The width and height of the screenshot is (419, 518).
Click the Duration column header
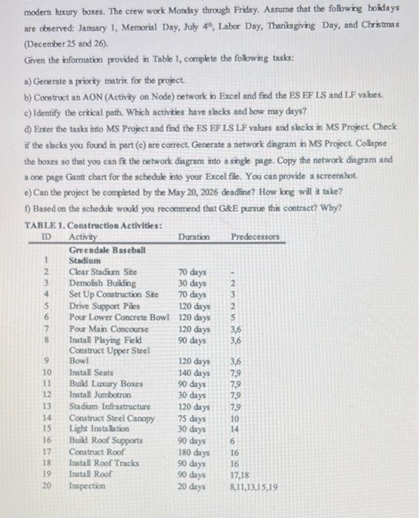point(194,237)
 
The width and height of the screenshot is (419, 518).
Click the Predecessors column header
point(255,237)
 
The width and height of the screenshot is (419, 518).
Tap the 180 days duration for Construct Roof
point(194,451)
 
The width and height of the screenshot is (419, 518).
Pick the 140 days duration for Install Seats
point(194,372)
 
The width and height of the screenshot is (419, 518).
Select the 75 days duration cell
point(192,418)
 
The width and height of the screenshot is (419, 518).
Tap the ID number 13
point(46,406)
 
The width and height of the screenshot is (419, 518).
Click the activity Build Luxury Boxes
point(105,383)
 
